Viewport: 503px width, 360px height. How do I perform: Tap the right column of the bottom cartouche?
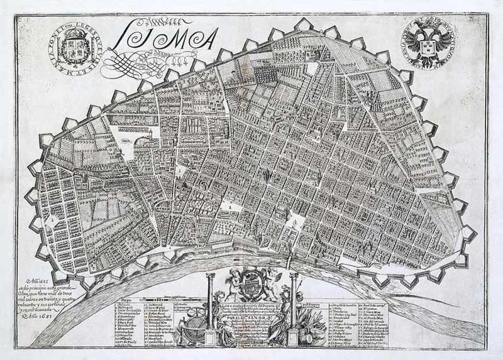coord(293,308)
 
